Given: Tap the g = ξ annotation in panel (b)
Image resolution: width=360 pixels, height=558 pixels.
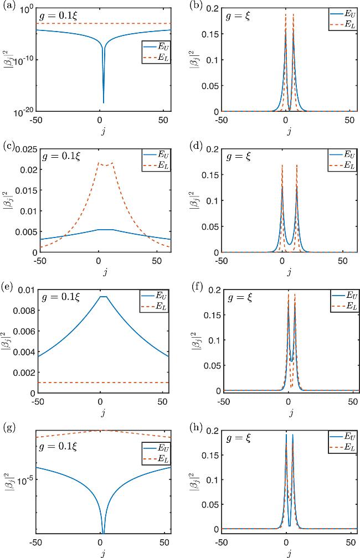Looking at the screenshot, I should (238, 16).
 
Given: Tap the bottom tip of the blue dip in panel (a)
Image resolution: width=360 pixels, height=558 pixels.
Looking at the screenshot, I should (104, 102).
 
